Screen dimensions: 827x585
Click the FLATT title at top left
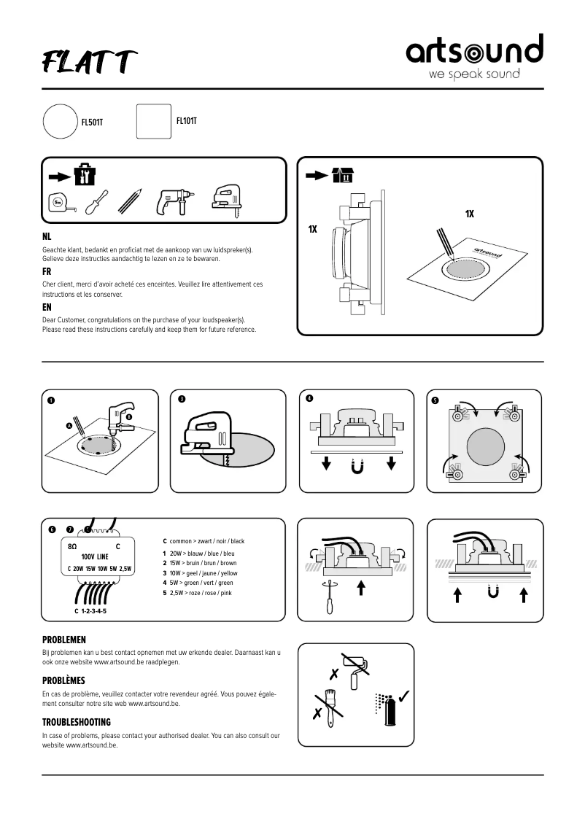pos(89,63)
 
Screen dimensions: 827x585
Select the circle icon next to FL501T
pos(61,122)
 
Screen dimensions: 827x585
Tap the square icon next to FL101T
pos(153,121)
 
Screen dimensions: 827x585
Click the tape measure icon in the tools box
pos(62,203)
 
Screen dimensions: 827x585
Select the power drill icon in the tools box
pos(172,201)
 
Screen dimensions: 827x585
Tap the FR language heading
pos(47,271)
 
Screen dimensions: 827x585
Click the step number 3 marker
pos(181,399)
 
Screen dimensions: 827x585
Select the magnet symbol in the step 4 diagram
pos(358,465)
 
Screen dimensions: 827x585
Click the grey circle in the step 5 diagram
pos(484,447)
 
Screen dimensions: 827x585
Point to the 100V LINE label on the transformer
pos(95,556)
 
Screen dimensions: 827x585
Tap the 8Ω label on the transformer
pos(72,546)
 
